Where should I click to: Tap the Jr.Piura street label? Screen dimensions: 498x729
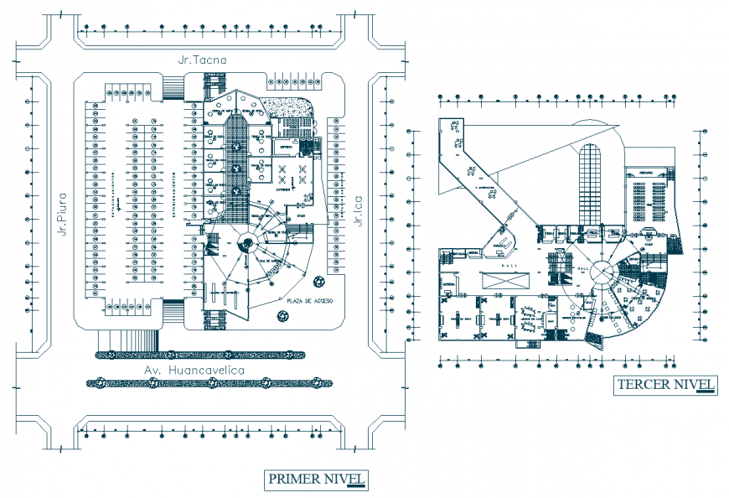[x=63, y=215]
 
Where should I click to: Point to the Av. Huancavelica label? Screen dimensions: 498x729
[x=194, y=370]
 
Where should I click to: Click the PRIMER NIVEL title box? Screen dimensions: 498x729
[x=317, y=480]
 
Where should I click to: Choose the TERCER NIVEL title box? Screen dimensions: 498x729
[x=665, y=386]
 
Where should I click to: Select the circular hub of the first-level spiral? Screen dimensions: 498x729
[x=248, y=246]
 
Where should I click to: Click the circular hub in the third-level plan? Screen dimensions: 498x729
[x=599, y=272]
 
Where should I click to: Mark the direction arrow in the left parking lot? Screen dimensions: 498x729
[x=120, y=204]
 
